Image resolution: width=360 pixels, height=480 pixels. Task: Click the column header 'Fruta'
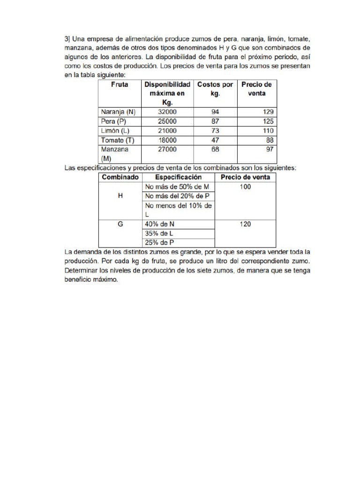pos(120,85)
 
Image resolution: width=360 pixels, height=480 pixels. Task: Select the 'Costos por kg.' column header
pos(215,89)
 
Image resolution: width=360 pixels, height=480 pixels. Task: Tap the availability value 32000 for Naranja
pos(167,112)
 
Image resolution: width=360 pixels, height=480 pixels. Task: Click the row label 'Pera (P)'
pos(114,121)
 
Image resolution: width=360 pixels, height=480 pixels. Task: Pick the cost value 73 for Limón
pos(215,131)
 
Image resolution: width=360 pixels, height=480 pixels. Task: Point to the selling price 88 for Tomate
pos(270,140)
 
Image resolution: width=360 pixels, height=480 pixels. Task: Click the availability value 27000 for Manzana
pos(167,150)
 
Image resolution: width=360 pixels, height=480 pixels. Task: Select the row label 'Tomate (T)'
pos(117,140)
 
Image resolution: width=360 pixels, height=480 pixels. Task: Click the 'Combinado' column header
pos(120,177)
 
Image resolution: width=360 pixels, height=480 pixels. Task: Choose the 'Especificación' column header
pos(178,177)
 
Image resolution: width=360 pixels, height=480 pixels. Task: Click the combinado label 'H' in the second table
pos(120,196)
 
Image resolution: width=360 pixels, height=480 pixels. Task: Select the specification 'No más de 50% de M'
pos(177,187)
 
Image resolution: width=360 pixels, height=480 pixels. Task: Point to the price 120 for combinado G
pos(245,224)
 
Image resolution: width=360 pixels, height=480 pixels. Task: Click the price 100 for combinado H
pos(245,187)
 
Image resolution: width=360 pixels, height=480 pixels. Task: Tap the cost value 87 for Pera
pos(215,121)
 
